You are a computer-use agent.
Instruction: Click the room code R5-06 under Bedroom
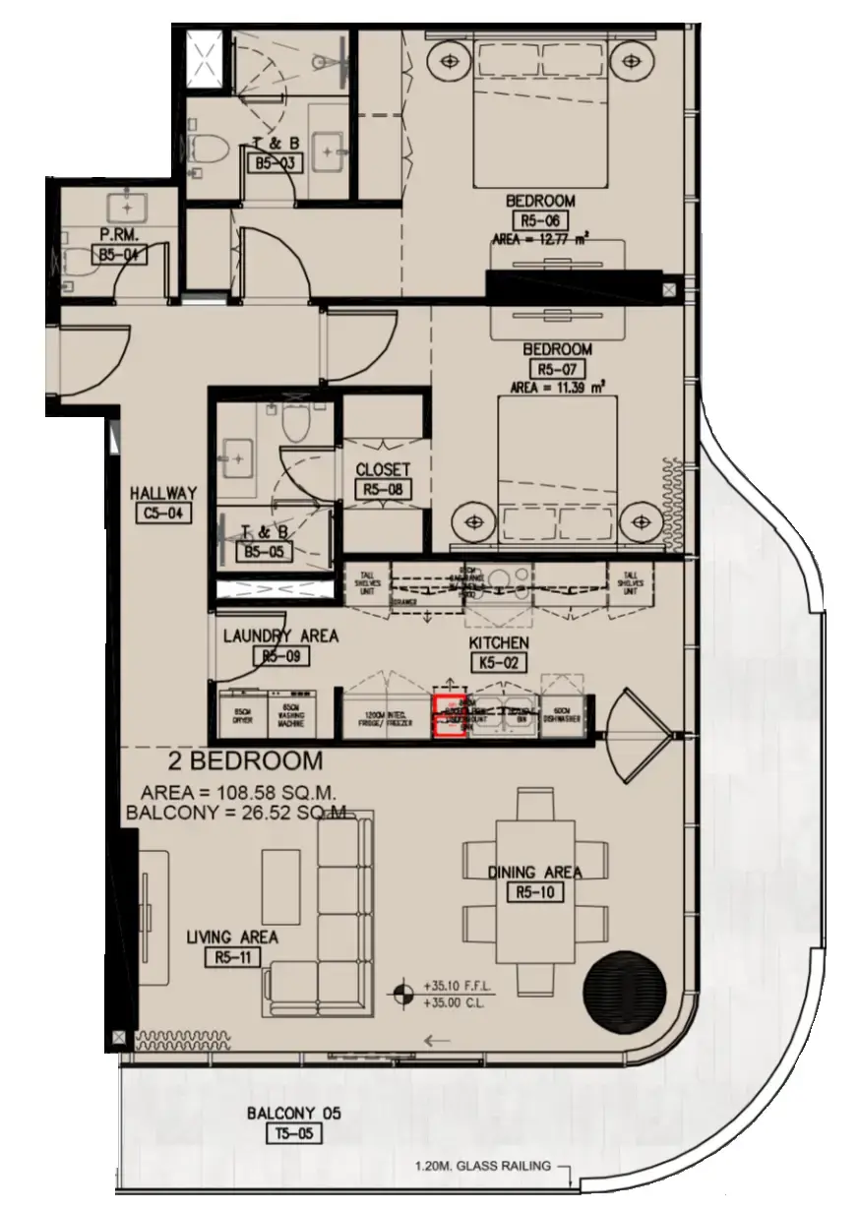pos(540,221)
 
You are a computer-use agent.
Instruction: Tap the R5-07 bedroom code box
pos(557,369)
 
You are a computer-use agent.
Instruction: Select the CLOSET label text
pos(383,470)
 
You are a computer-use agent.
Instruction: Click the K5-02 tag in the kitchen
pos(499,663)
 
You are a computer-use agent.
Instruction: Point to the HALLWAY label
pos(164,494)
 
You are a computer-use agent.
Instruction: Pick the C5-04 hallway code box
pos(164,513)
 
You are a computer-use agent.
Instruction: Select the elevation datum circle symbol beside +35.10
pos(401,993)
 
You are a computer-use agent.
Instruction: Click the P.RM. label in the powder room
pos(116,235)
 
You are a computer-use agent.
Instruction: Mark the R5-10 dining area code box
pos(534,892)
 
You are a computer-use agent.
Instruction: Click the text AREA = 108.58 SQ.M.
pos(239,792)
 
